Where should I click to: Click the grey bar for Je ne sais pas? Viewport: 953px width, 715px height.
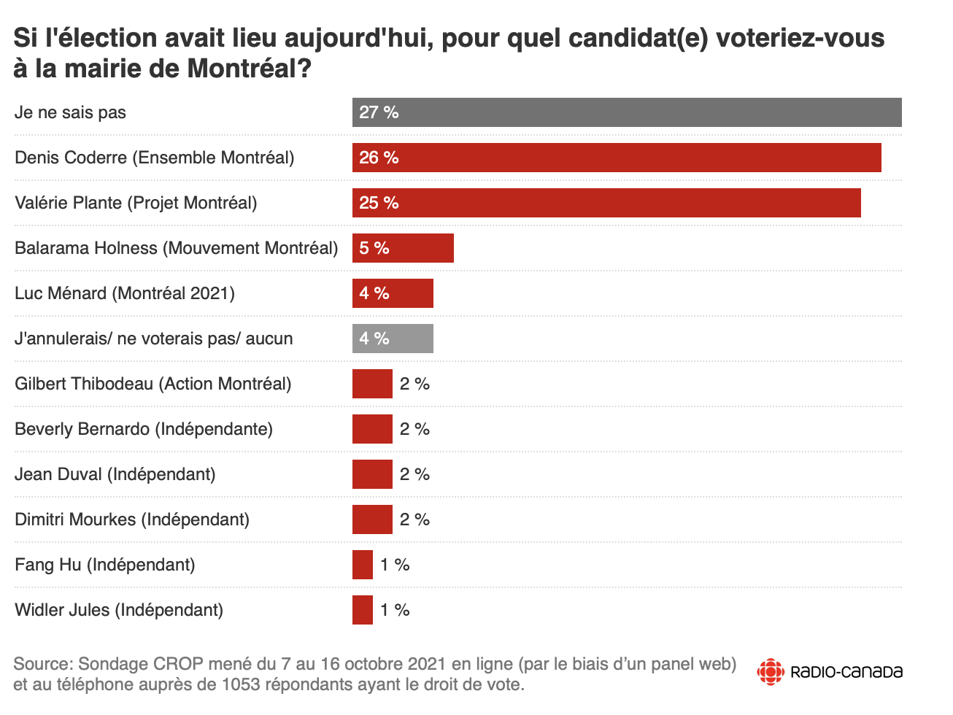[x=627, y=112]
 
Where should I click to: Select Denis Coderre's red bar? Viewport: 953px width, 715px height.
[x=617, y=158]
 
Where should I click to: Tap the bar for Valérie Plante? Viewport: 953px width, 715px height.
[x=606, y=203]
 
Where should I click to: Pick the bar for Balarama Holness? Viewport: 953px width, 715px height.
[x=403, y=248]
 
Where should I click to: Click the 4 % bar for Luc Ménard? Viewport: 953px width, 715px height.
[x=393, y=293]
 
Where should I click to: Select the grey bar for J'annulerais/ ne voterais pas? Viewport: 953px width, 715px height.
[x=393, y=339]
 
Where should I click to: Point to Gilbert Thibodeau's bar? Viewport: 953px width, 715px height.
[x=372, y=384]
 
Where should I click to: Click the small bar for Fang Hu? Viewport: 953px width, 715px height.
[x=363, y=565]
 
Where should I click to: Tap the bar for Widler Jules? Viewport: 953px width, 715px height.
[x=363, y=610]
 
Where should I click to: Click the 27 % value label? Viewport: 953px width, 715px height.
[x=379, y=112]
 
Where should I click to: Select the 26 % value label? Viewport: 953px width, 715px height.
[x=379, y=158]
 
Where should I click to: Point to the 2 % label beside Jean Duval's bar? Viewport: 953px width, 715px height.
[x=414, y=474]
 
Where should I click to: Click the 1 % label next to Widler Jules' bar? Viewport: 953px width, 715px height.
[x=395, y=610]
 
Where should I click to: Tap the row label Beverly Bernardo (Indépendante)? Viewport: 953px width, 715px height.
[x=144, y=429]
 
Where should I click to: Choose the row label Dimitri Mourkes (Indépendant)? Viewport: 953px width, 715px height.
[x=132, y=519]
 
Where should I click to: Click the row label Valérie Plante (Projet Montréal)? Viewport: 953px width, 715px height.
[x=136, y=203]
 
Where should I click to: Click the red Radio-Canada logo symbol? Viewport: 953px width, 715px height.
[x=771, y=671]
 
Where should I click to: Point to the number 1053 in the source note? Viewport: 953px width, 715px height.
[x=241, y=684]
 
